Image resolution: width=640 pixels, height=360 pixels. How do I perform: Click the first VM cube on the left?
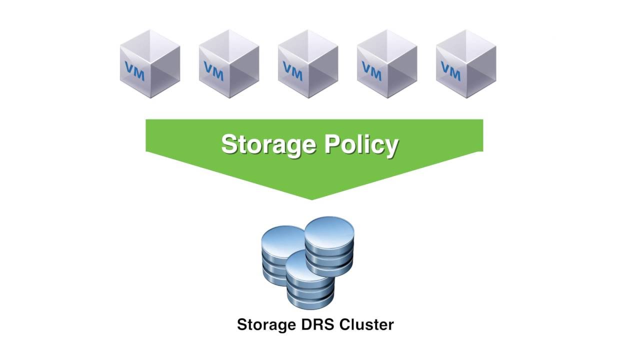click(150, 64)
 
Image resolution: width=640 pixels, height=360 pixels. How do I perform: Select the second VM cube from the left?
click(229, 64)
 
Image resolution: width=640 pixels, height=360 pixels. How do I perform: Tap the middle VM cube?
click(308, 64)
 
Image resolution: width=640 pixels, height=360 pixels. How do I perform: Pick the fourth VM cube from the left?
click(387, 64)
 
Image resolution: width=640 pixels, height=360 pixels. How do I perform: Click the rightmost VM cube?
click(466, 64)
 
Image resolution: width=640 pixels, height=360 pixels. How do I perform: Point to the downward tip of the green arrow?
click(312, 197)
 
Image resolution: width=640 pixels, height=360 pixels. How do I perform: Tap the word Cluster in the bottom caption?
click(366, 324)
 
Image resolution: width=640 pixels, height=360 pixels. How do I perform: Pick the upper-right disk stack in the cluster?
click(329, 247)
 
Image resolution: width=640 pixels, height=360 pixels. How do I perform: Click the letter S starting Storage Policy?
click(228, 145)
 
